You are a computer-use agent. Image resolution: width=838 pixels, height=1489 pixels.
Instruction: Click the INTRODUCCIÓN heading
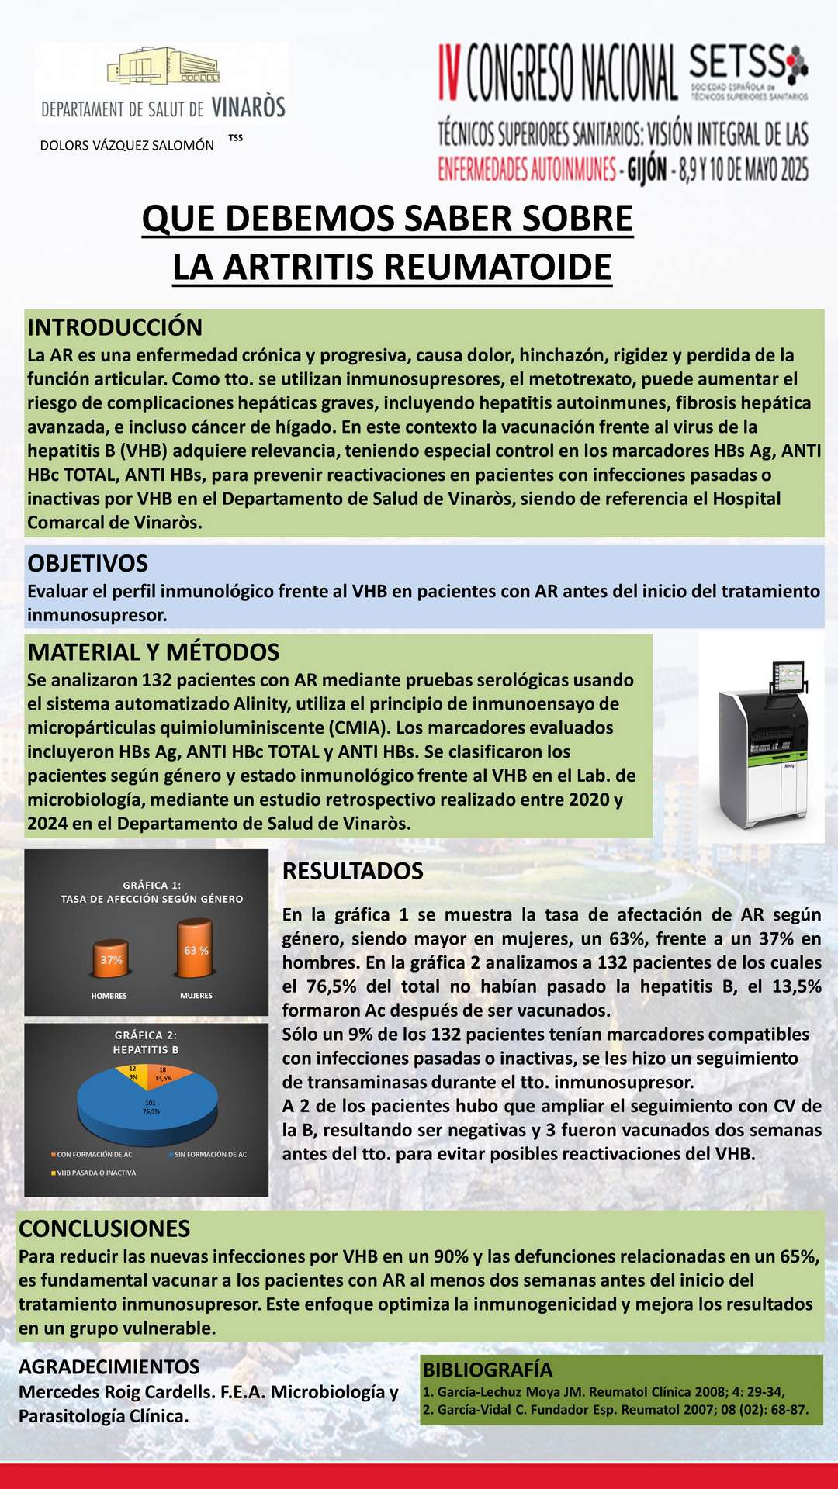click(x=115, y=327)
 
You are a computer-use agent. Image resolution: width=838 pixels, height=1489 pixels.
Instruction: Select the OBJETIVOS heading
click(x=88, y=563)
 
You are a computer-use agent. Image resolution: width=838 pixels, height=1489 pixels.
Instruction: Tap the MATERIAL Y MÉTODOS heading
click(x=153, y=652)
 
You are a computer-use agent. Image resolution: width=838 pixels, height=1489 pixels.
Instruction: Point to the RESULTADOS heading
click(x=352, y=871)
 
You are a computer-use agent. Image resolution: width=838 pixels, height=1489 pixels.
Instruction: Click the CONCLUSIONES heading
click(x=104, y=1228)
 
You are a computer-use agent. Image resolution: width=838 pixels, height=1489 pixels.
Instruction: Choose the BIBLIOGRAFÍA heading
click(x=487, y=1370)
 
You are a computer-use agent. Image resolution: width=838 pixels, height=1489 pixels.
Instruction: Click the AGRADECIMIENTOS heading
click(x=109, y=1366)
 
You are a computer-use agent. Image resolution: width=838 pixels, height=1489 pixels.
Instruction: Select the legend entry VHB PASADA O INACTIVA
click(x=95, y=1173)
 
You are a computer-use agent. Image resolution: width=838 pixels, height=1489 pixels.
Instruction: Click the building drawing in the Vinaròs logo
click(x=163, y=71)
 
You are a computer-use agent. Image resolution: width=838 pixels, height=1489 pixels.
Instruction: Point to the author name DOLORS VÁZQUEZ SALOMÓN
click(x=126, y=145)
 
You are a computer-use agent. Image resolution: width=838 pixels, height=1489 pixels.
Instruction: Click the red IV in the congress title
click(x=450, y=73)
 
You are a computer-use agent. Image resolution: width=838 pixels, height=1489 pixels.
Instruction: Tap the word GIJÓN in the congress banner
click(x=646, y=169)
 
